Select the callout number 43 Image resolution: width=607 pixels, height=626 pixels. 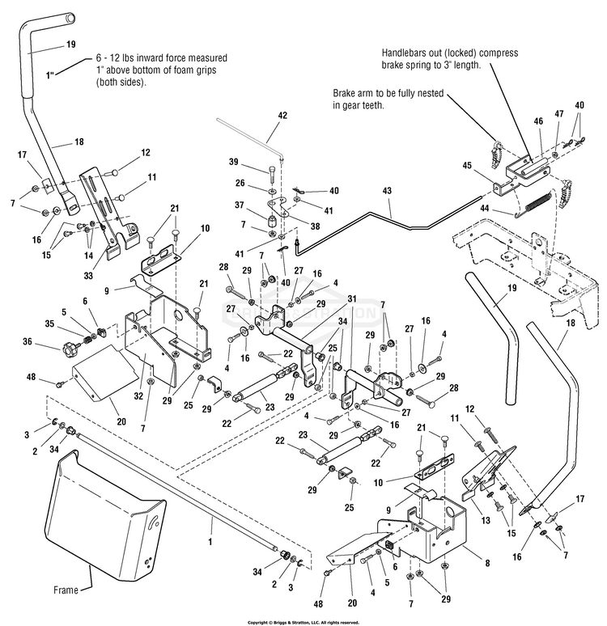coord(387,191)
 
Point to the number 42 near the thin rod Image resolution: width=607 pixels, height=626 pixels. coord(282,116)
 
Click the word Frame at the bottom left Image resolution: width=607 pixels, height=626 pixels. coord(66,590)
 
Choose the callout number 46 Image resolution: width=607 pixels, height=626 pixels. coord(538,120)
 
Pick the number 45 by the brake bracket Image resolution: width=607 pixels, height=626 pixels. coord(488,165)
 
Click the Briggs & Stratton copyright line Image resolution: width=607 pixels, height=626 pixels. coord(303,622)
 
